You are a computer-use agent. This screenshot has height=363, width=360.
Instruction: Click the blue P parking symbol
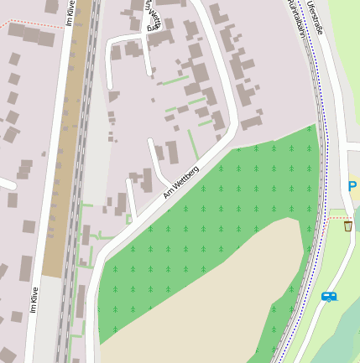pyautogui.click(x=352, y=187)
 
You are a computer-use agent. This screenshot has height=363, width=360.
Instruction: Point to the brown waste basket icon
pyautogui.click(x=347, y=226)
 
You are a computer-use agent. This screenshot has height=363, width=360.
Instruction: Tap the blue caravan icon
pyautogui.click(x=329, y=296)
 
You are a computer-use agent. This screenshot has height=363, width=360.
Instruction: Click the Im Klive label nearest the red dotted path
pyautogui.click(x=70, y=15)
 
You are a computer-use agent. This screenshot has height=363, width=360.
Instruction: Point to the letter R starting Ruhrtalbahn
pyautogui.click(x=290, y=3)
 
